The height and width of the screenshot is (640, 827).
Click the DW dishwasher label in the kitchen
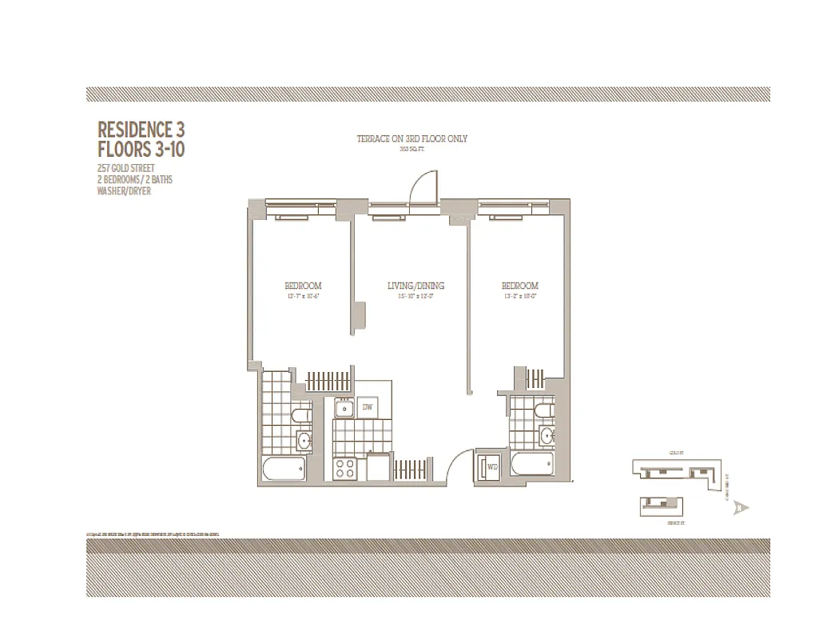point(368,408)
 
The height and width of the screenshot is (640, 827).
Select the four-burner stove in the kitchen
point(345,468)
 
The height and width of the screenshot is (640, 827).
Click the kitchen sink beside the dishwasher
point(344,409)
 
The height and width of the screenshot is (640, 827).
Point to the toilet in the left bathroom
point(300,415)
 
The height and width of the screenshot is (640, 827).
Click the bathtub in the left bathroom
point(282,468)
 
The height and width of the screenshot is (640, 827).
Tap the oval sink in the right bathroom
point(547,436)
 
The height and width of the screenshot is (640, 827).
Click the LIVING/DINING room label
point(415,286)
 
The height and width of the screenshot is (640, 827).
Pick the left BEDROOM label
point(303,286)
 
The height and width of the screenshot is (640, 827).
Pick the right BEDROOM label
point(519,286)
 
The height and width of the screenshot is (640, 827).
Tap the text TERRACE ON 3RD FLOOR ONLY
point(412,139)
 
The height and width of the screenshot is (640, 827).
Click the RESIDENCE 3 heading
point(141,129)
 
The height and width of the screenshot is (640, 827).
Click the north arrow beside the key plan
point(743,507)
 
